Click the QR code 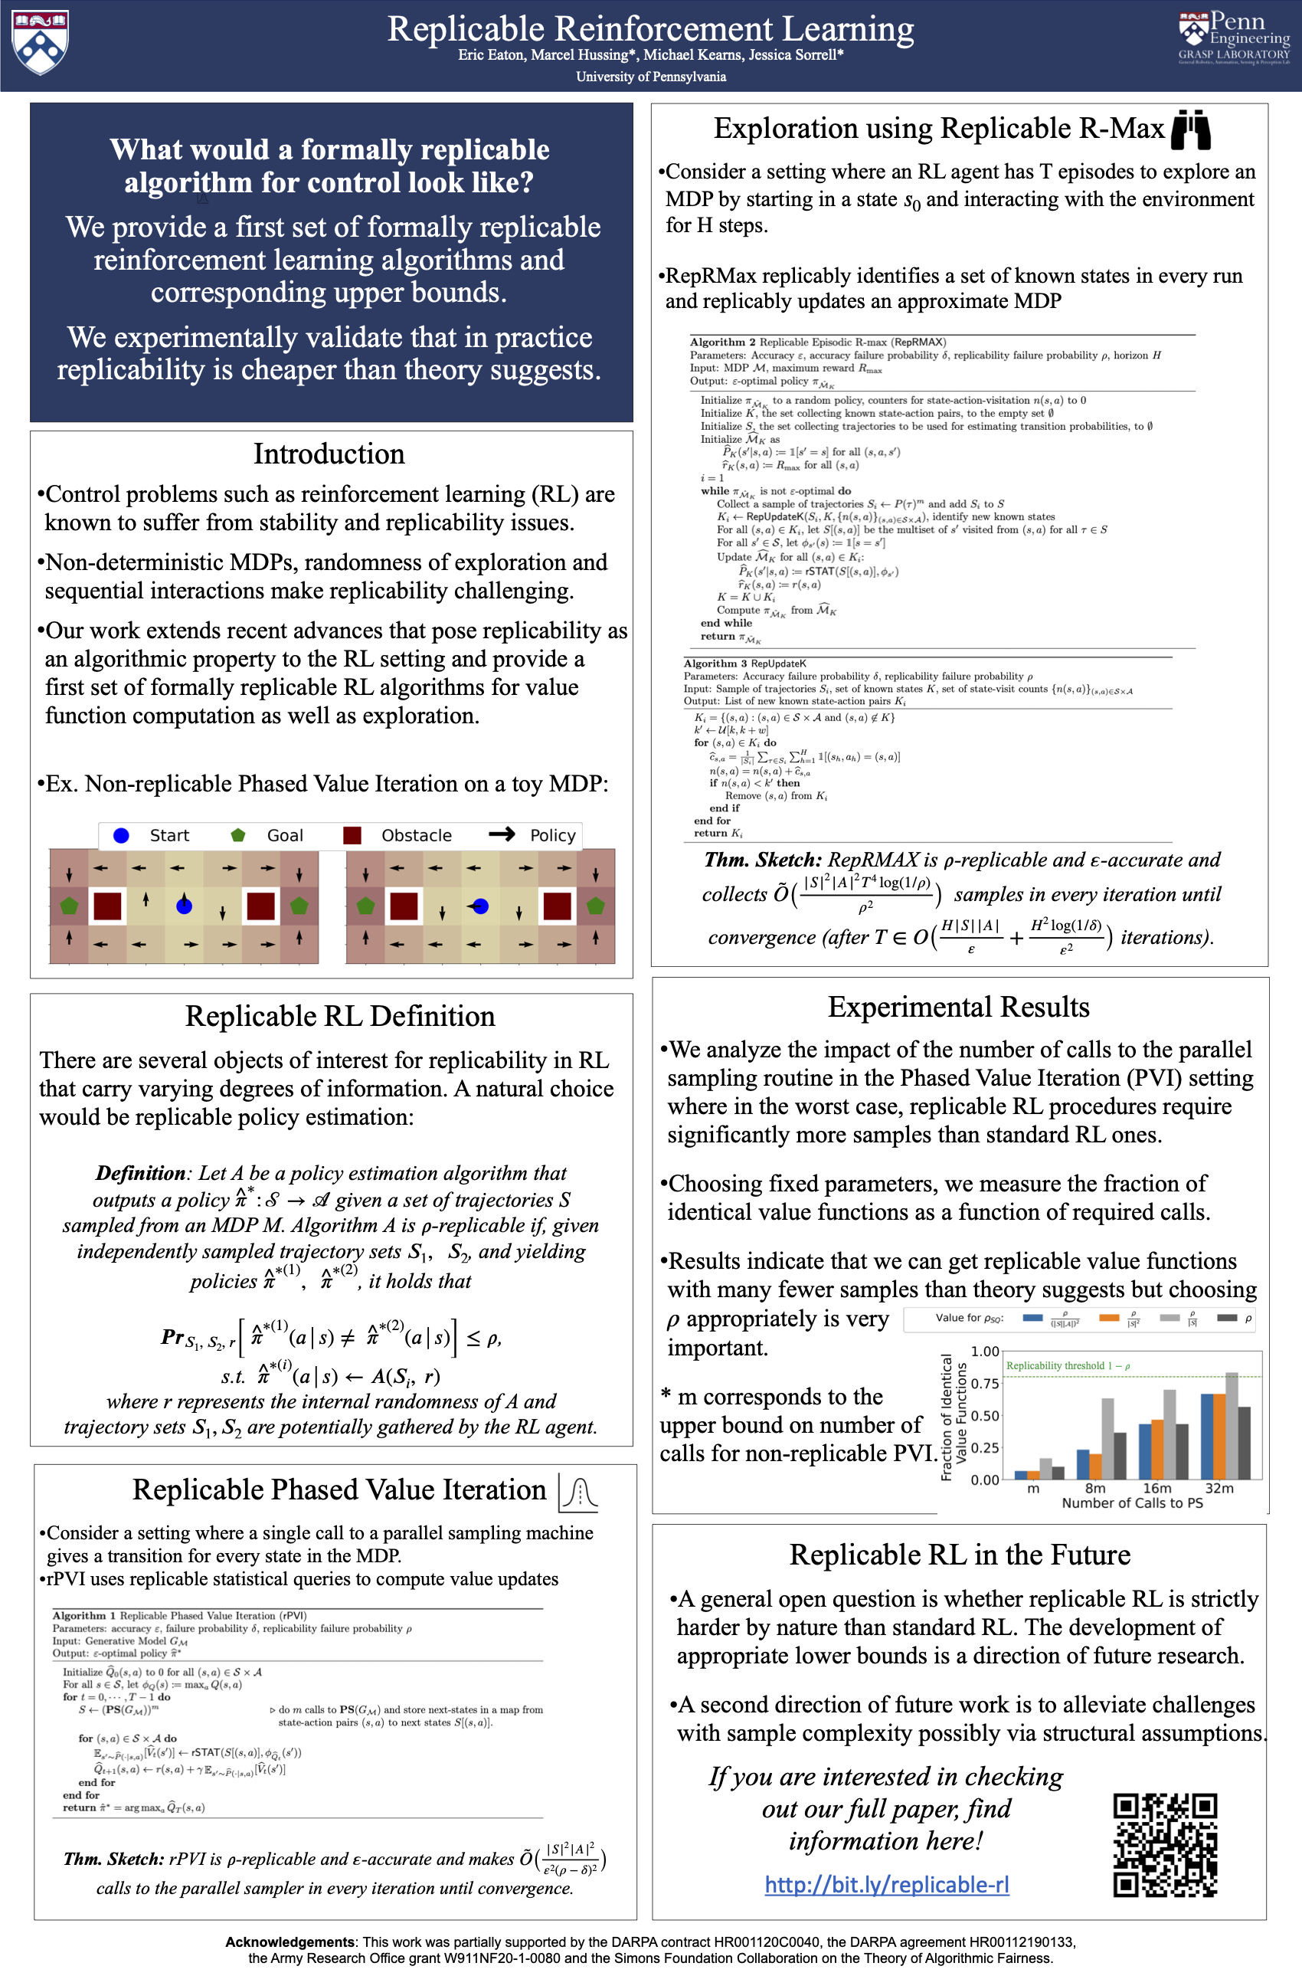pos(1165,1845)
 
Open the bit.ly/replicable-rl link pos(886,1885)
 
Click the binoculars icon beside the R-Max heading pos(1190,129)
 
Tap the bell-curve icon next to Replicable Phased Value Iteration pos(579,1493)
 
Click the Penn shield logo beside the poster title pos(40,41)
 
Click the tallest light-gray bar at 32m pos(1232,1425)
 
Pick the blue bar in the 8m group pos(1083,1464)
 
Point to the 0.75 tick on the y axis pos(985,1384)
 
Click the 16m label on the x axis pos(1156,1489)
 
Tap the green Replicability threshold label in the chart pos(1067,1365)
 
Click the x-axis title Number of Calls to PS pos(1132,1502)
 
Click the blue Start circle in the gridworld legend pos(121,836)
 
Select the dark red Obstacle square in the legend pos(352,836)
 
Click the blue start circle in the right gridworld pos(480,906)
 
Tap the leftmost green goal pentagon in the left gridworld pos(69,906)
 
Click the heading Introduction pos(329,454)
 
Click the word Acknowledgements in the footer pos(289,1942)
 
